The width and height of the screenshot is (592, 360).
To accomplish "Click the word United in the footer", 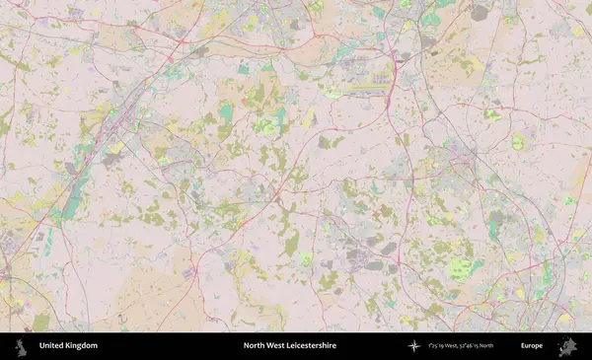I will point(50,346).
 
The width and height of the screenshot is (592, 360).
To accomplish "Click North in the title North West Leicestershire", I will point(255,346).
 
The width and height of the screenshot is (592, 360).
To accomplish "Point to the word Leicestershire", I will point(313,346).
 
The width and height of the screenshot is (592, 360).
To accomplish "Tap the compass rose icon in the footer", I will point(413,346).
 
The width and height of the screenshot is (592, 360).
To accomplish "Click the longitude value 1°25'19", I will point(439,346).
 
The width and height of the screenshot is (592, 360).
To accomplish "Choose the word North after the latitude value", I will point(512,346).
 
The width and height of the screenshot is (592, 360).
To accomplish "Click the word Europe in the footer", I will point(532,346).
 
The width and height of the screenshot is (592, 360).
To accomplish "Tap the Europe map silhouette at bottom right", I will point(567,346).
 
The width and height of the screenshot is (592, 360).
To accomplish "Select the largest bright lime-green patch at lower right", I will point(459,268).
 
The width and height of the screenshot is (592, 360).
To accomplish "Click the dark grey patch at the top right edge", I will point(481,13).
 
